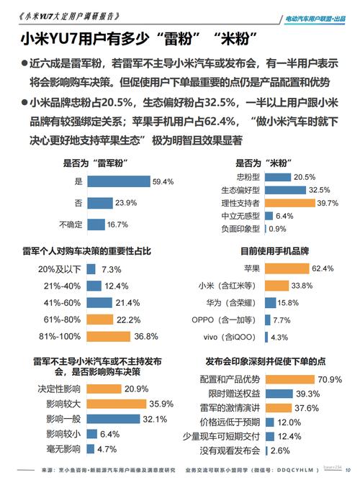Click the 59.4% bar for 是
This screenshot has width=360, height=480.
click(x=119, y=182)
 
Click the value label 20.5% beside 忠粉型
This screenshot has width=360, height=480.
click(x=305, y=177)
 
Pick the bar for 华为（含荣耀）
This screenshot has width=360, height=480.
click(x=275, y=303)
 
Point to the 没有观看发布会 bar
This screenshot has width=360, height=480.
click(x=267, y=450)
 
